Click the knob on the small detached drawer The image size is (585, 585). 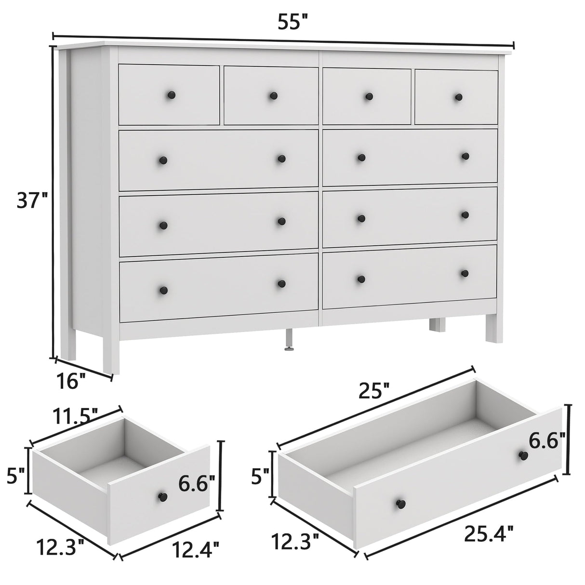162,496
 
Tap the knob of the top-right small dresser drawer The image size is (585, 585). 458,97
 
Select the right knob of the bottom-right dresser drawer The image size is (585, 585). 465,273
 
